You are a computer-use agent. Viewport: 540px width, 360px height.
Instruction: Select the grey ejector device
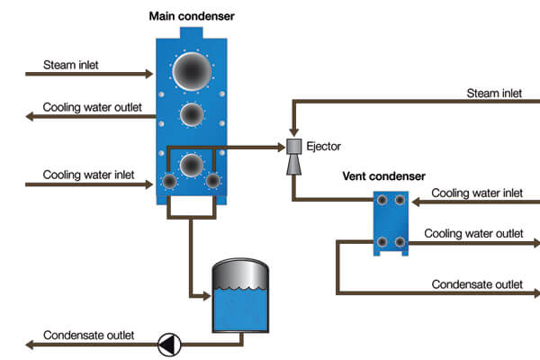pyautogui.click(x=293, y=157)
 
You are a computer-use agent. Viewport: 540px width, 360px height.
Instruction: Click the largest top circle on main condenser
pyautogui.click(x=192, y=69)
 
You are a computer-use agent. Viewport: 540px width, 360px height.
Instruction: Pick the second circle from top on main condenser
pyautogui.click(x=191, y=114)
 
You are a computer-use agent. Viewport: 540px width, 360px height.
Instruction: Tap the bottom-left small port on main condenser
pyautogui.click(x=168, y=181)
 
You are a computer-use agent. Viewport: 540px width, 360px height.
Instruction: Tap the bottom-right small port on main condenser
pyautogui.click(x=213, y=181)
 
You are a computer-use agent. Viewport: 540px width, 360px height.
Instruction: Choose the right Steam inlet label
pyautogui.click(x=494, y=94)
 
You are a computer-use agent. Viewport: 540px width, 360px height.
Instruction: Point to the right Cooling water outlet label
pyautogui.click(x=473, y=233)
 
